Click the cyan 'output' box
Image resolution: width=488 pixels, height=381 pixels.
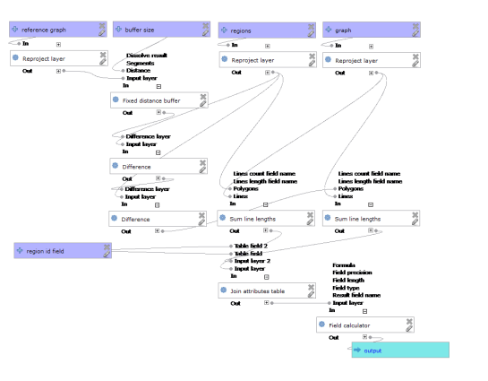click(399, 350)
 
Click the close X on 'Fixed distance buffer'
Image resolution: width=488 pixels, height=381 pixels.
click(203, 96)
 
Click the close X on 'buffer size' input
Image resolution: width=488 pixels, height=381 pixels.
click(203, 26)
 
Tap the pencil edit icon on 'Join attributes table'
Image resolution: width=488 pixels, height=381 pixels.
click(308, 295)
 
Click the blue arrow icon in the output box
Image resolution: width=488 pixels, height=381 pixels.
click(357, 350)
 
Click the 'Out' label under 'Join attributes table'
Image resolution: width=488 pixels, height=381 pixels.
click(235, 303)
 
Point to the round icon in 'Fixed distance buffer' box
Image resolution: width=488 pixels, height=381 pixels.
click(116, 100)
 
